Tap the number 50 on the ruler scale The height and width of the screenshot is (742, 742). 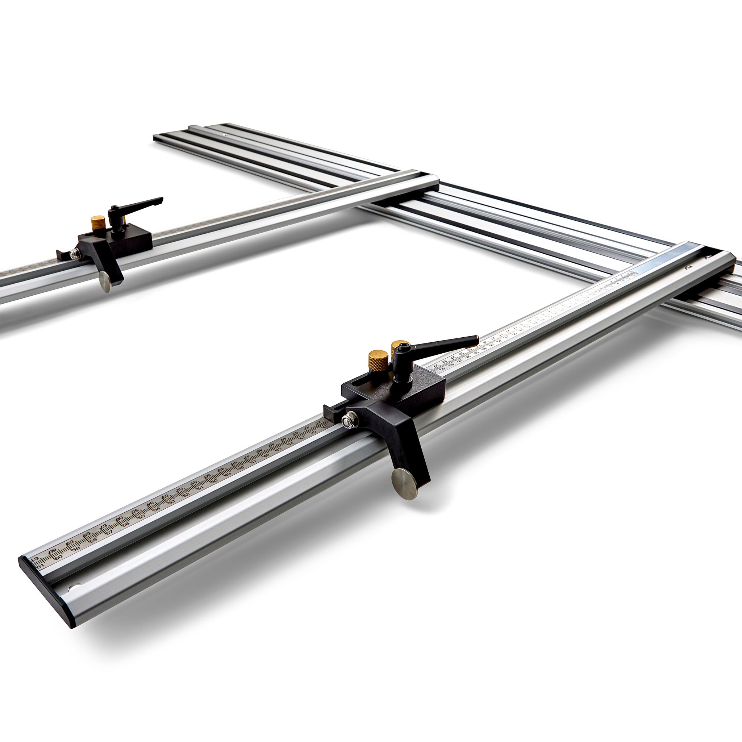214,480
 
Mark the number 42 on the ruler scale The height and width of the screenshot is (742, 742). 314,431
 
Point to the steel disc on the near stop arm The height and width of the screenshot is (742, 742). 405,483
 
